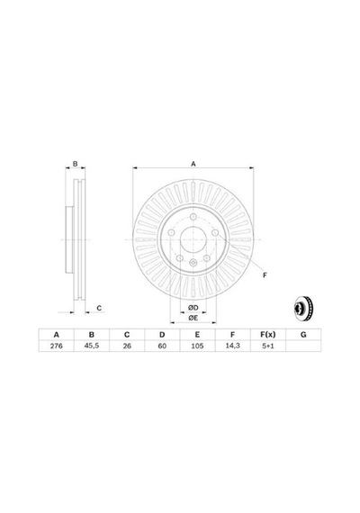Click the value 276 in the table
click(57, 346)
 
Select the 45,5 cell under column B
click(92, 346)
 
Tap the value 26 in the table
click(127, 346)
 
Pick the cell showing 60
click(162, 346)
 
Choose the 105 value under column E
click(197, 346)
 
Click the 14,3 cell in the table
click(233, 346)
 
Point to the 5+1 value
click(268, 346)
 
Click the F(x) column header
click(268, 335)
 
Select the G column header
click(303, 335)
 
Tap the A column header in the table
click(57, 335)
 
